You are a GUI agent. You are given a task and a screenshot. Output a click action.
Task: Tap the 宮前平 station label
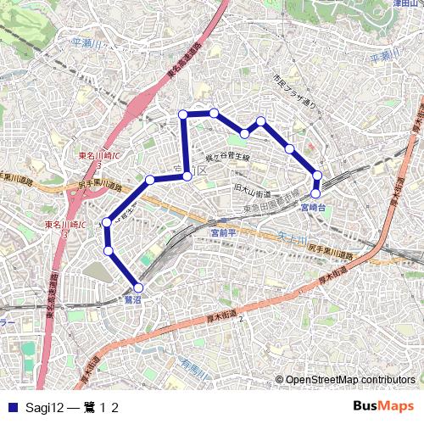(x=222, y=232)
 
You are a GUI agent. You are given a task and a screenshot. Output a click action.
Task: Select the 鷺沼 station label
(x=131, y=300)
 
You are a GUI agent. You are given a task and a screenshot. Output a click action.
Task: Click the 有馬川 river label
(x=194, y=366)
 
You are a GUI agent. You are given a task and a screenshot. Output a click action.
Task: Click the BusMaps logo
(x=382, y=407)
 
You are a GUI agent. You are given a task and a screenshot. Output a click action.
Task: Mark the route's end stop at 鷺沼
(x=138, y=287)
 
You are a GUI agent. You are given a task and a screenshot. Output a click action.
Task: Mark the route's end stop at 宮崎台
(x=315, y=193)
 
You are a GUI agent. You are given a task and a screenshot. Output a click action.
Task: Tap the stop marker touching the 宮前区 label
(x=187, y=176)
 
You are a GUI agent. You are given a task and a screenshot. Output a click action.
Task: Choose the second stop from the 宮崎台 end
(x=318, y=176)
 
